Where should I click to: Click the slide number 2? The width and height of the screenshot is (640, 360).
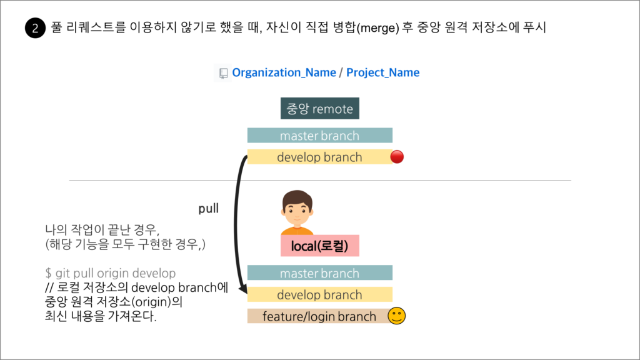coord(35,29)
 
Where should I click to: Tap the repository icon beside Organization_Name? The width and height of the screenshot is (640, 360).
coord(222,73)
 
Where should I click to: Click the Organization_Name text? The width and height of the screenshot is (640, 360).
coord(284,72)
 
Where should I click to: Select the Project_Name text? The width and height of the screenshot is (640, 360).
coord(382,72)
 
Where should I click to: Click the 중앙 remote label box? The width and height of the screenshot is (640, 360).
coord(319,109)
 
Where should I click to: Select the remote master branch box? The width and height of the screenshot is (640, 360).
coord(319,136)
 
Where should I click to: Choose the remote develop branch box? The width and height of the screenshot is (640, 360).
coord(319,157)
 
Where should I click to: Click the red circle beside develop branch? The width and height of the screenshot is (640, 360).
coord(397,157)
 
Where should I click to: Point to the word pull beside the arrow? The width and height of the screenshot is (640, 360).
coord(208,209)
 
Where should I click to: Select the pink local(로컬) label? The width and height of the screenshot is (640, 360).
coord(319,246)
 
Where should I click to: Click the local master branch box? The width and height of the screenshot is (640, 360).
coord(319,273)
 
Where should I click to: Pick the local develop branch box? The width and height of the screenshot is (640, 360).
coord(319,294)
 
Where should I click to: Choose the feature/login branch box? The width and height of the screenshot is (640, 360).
coord(319,316)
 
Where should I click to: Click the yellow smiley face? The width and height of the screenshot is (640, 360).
coord(396,316)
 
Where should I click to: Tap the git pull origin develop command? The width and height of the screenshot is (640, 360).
coord(111,274)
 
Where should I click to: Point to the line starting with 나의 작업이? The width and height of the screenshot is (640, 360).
coord(102,229)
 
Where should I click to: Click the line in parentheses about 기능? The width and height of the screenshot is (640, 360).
coord(126,244)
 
